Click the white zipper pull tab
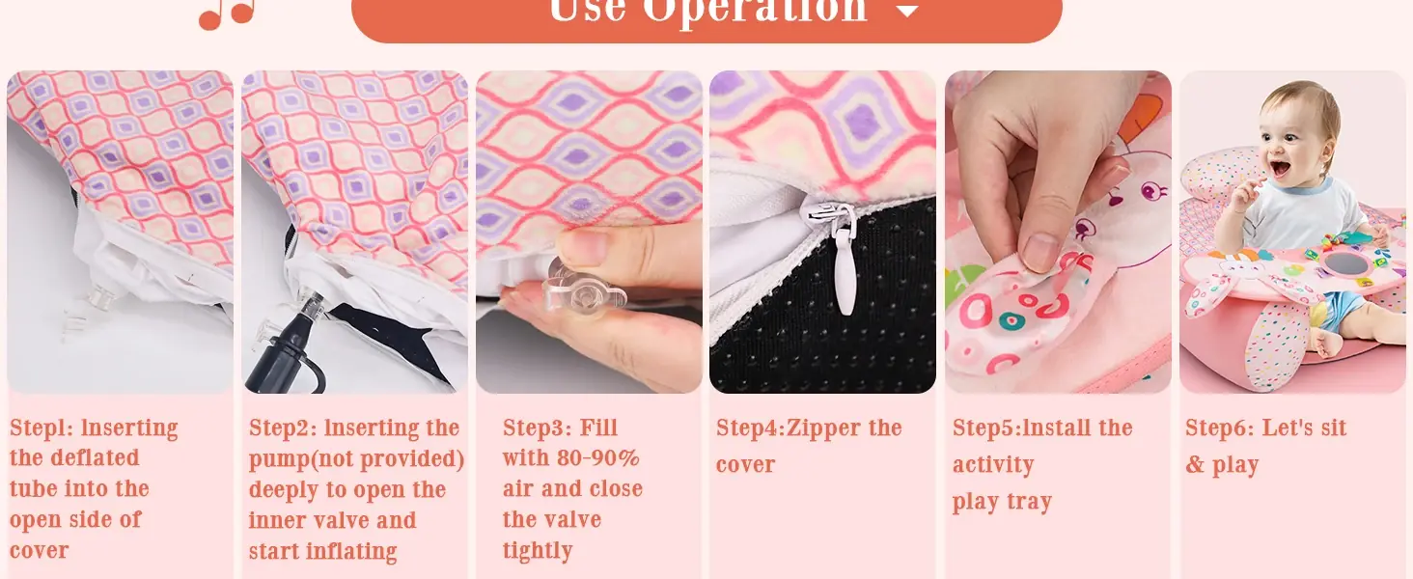click(x=844, y=271)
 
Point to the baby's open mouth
click(x=1280, y=169)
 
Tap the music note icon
click(x=227, y=14)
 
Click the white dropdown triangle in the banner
click(x=907, y=11)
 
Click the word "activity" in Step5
click(x=993, y=465)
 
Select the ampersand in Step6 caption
click(x=1195, y=464)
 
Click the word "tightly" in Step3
click(x=538, y=551)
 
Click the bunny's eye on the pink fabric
click(x=1151, y=188)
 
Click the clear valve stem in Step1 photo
click(x=95, y=299)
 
